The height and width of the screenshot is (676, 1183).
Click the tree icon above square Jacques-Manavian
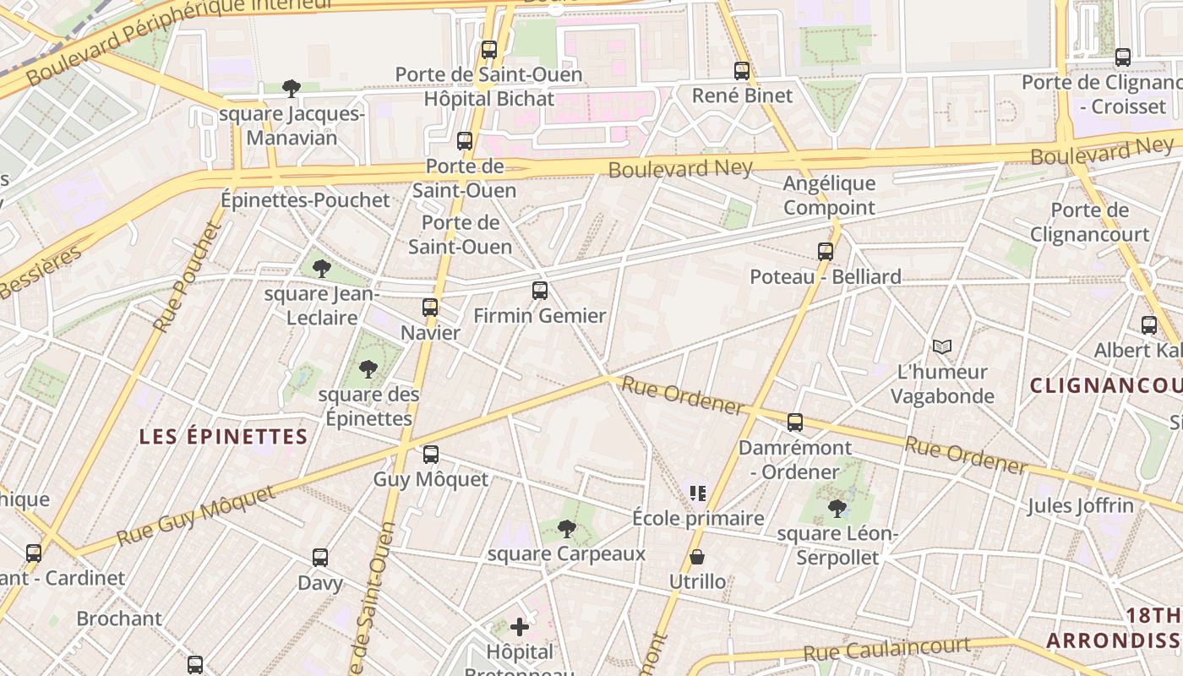click(292, 88)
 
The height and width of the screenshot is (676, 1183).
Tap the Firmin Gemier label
click(540, 316)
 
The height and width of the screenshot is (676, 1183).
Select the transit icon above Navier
click(430, 308)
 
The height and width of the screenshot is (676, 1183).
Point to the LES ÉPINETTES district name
click(223, 437)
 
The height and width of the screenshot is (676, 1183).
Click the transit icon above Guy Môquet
click(431, 455)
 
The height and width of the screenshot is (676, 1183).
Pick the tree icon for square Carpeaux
click(567, 529)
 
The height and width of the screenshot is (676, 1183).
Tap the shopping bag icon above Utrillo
click(697, 557)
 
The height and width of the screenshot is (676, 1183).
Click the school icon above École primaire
click(698, 493)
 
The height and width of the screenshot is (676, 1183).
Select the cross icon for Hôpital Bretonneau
click(520, 627)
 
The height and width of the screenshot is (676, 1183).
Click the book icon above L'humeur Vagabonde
click(942, 346)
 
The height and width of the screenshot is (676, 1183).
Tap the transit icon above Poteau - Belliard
click(826, 251)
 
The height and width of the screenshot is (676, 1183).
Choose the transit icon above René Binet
click(742, 71)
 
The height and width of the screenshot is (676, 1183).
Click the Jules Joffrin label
click(1081, 506)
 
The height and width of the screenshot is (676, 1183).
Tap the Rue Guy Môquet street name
click(196, 515)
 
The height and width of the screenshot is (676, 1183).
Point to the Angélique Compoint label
click(829, 195)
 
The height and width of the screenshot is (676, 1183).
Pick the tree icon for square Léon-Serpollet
click(837, 508)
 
